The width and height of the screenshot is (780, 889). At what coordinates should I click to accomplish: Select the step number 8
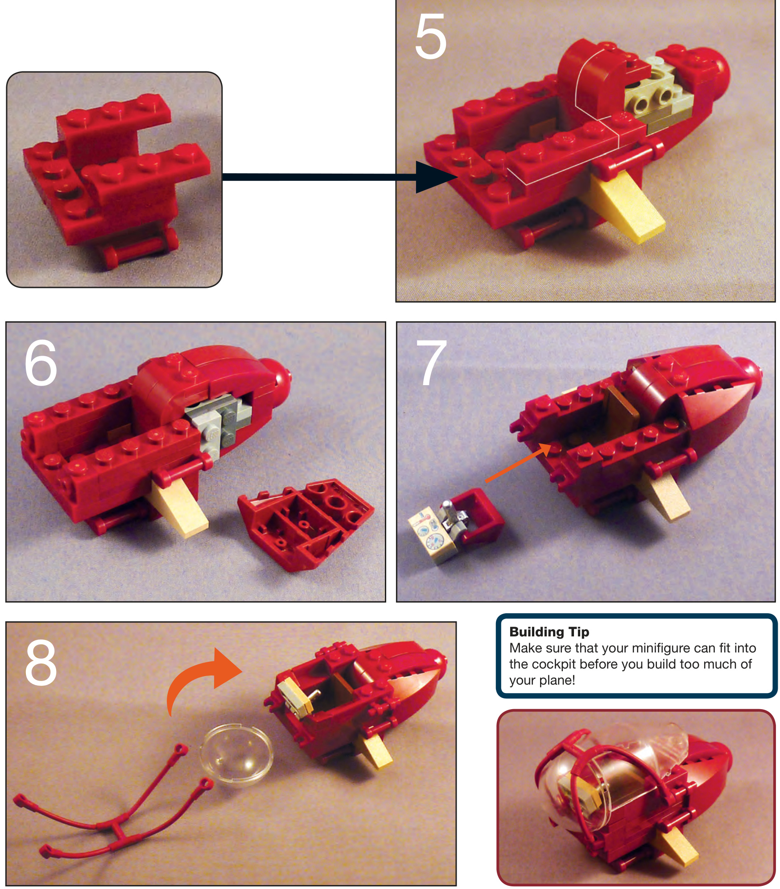(x=41, y=662)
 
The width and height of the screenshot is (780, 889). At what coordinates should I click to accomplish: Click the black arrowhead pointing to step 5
(x=435, y=177)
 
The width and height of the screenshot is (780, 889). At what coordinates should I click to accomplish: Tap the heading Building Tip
(x=549, y=632)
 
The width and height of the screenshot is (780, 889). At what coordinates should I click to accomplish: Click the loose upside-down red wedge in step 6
(x=305, y=524)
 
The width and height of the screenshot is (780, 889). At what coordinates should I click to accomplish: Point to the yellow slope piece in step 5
(x=627, y=205)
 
